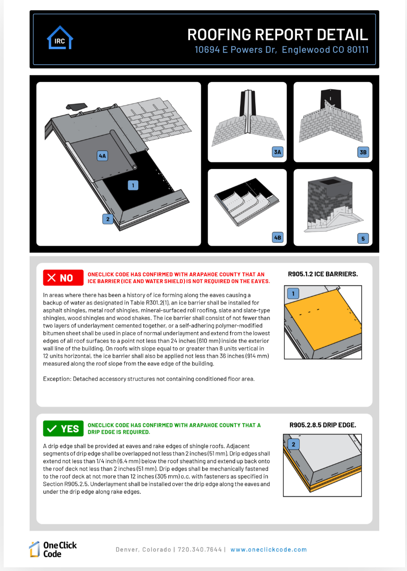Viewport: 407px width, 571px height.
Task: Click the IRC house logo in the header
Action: pos(60,38)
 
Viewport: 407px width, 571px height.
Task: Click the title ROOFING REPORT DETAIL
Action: pos(277,34)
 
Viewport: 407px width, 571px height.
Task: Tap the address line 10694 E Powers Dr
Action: pos(282,50)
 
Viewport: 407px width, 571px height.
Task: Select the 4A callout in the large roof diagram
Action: pos(102,156)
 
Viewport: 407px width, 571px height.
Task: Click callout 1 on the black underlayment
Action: pos(133,185)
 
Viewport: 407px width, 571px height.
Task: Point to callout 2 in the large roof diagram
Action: pos(108,219)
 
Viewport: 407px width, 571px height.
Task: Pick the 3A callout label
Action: pos(277,152)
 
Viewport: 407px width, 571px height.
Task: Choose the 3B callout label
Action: pos(363,152)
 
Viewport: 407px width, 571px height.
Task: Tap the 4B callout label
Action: pos(277,238)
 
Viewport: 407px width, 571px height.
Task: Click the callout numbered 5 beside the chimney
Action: pos(363,238)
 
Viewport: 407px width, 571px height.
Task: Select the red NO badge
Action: pos(63,278)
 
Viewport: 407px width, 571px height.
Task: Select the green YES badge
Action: pos(63,428)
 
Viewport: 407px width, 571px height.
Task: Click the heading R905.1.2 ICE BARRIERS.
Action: pos(323,274)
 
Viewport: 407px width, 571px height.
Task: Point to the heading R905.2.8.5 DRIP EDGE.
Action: pos(323,425)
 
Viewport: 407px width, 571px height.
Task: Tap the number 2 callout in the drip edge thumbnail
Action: pos(293,445)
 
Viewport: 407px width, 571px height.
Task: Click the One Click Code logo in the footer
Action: pos(53,549)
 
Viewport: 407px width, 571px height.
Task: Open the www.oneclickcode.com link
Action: pos(269,550)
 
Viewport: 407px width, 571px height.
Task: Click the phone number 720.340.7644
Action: pos(200,550)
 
